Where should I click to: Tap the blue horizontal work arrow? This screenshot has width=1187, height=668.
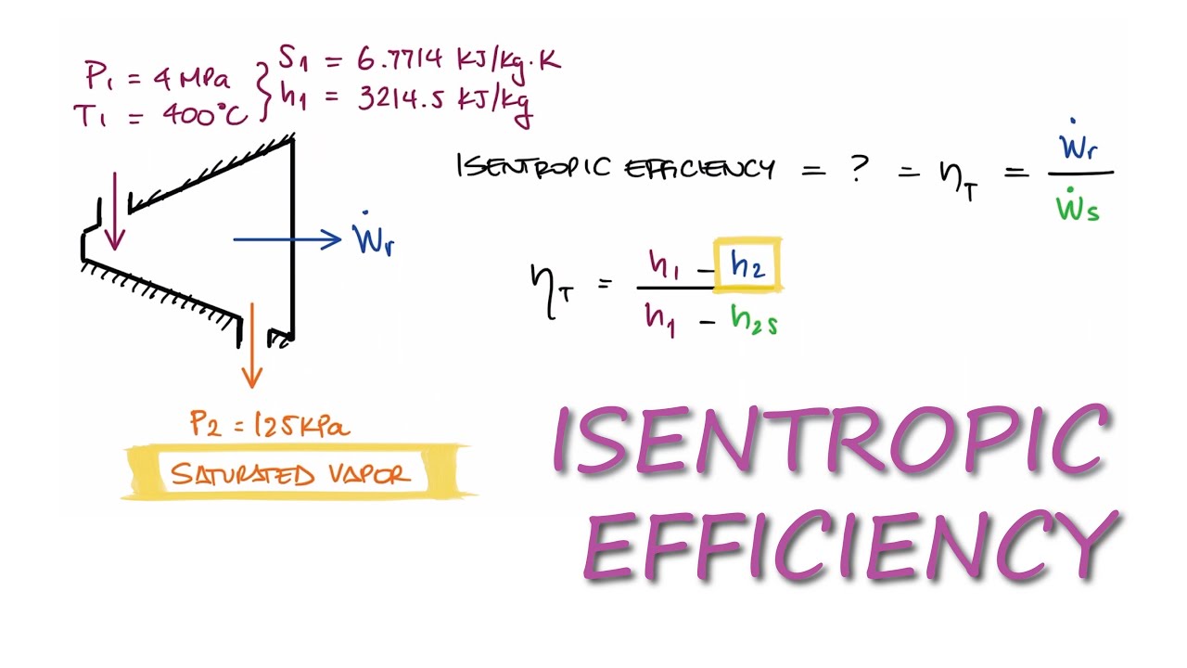287,239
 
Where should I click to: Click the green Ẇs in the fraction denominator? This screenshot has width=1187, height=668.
1078,206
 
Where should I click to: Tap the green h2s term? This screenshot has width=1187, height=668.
754,321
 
